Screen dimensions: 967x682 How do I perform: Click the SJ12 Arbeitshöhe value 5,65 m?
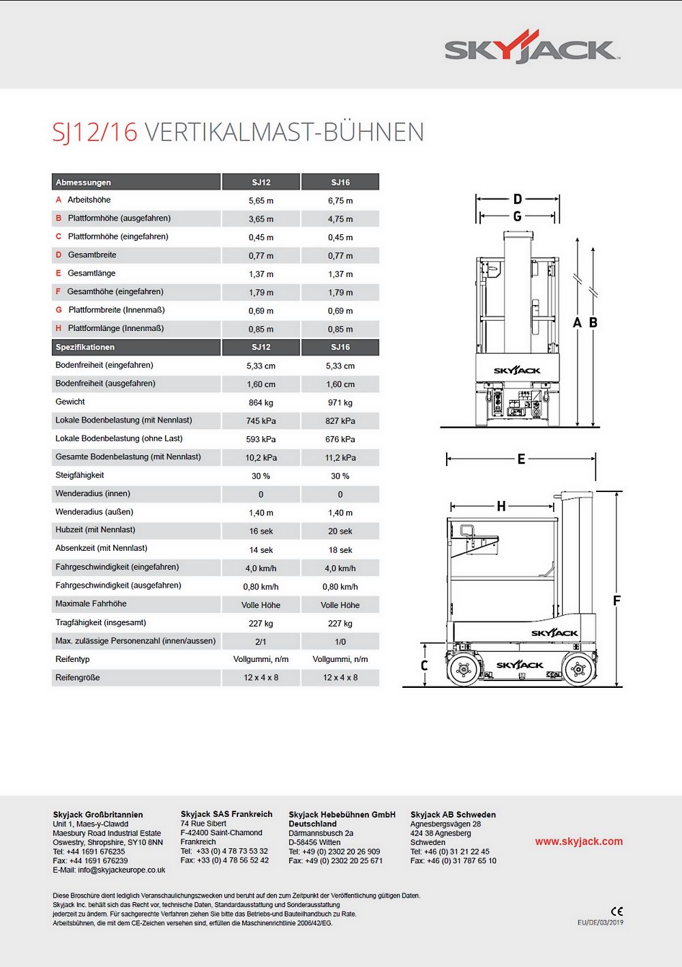click(261, 201)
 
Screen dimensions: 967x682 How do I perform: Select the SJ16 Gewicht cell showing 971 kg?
click(340, 403)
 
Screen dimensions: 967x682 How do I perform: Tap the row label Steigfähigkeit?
click(80, 475)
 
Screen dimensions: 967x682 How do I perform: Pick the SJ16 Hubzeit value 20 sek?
click(340, 531)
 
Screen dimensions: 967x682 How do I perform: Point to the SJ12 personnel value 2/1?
click(261, 641)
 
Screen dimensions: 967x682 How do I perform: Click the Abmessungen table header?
click(83, 182)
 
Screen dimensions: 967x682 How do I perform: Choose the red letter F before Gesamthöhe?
click(58, 291)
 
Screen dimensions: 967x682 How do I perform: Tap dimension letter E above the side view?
click(521, 459)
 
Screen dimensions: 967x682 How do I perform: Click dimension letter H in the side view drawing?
click(501, 506)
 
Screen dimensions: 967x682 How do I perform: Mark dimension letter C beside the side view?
click(424, 665)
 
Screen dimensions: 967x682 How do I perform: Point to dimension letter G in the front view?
click(518, 216)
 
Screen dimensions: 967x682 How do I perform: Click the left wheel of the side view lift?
click(464, 670)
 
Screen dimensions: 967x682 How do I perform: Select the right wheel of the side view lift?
click(578, 670)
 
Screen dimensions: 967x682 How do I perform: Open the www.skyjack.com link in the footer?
click(578, 841)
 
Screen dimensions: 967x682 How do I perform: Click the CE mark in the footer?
click(617, 911)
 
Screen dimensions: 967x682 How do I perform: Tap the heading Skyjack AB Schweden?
click(453, 814)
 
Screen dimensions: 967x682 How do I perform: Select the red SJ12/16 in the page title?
click(95, 132)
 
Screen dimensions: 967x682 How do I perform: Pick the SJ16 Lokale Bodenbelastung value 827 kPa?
click(340, 421)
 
